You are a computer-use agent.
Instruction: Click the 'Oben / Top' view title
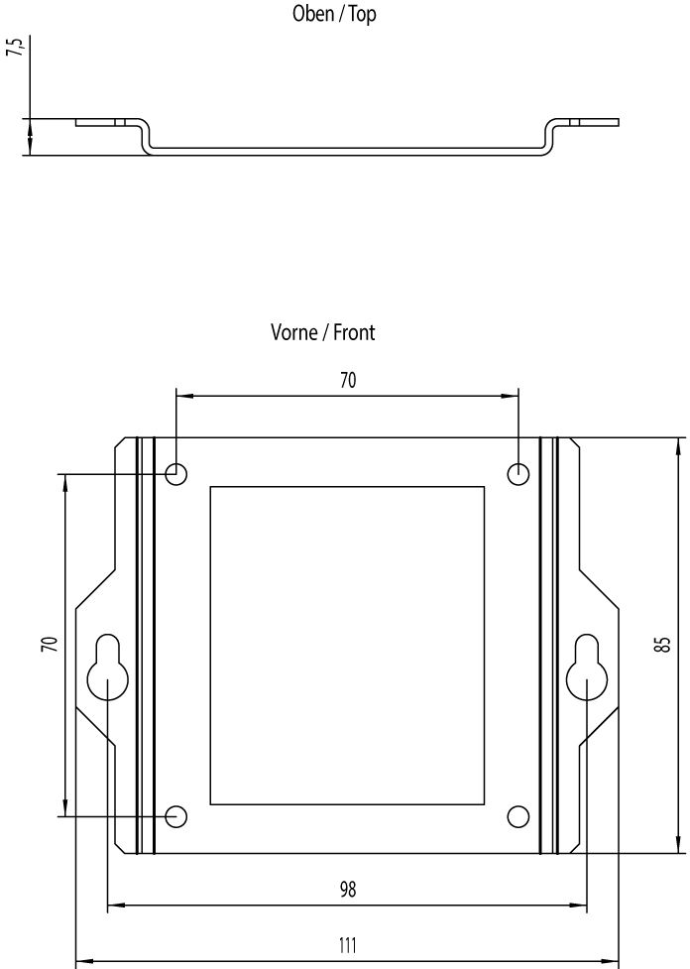[x=334, y=15]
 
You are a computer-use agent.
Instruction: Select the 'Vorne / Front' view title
[x=323, y=333]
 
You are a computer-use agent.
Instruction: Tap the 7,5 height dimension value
[x=15, y=50]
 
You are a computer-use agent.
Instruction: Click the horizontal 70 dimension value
[x=347, y=380]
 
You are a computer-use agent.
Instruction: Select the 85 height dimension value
[x=663, y=645]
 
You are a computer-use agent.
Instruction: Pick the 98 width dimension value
[x=347, y=890]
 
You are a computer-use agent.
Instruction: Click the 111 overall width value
[x=347, y=945]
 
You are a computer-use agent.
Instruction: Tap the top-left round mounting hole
[x=175, y=474]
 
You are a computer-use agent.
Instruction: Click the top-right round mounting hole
[x=518, y=474]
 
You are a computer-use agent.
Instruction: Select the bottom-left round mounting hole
[x=175, y=816]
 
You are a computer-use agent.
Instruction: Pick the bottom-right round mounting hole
[x=518, y=816]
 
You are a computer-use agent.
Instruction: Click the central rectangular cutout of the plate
[x=347, y=645]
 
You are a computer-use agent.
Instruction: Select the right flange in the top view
[x=592, y=123]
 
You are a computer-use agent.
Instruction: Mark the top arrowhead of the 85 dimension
[x=679, y=443]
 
